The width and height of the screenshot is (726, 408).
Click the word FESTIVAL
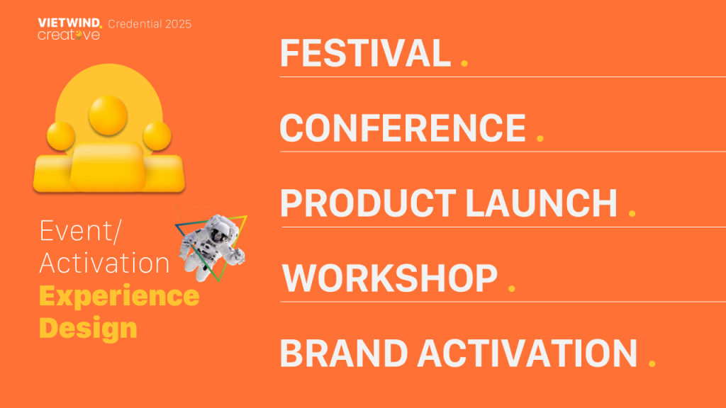click(x=365, y=52)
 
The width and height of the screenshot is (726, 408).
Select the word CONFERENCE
click(x=403, y=127)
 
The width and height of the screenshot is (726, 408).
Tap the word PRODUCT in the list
click(x=368, y=203)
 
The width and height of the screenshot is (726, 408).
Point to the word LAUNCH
click(x=541, y=203)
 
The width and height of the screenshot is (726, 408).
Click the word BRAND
click(x=344, y=353)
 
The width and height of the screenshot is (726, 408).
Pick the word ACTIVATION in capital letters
click(x=527, y=353)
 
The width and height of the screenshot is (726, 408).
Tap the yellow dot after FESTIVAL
click(x=464, y=63)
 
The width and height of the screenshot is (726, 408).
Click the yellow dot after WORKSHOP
click(x=512, y=288)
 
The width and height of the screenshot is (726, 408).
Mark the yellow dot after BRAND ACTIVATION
click(x=652, y=363)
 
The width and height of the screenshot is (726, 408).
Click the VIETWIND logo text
click(x=69, y=23)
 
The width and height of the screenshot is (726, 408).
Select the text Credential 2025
click(x=150, y=24)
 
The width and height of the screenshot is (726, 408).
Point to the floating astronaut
click(x=212, y=246)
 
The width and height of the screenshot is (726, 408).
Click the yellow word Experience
click(x=119, y=296)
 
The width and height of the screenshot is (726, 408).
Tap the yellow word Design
click(x=88, y=328)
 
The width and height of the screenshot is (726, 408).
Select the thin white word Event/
click(x=80, y=230)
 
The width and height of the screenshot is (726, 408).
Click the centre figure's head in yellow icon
click(x=108, y=115)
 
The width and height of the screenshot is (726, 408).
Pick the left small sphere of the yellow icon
click(x=61, y=135)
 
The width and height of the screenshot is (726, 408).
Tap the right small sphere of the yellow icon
click(x=157, y=135)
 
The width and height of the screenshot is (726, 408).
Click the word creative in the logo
click(x=69, y=35)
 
